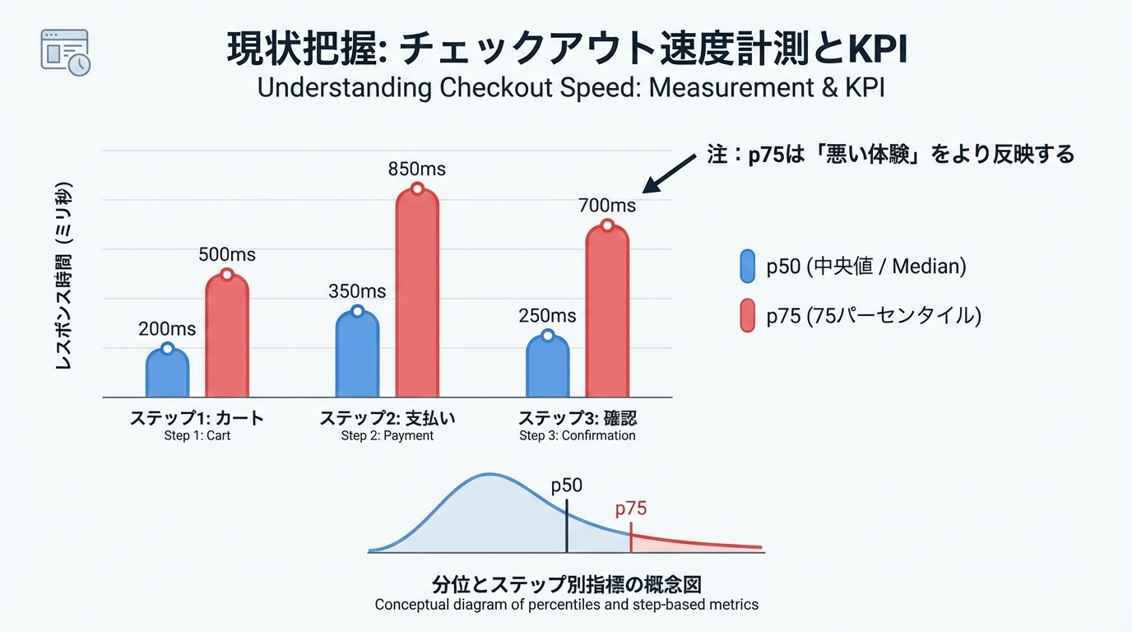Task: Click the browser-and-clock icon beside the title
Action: click(65, 53)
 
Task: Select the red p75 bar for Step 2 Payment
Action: click(417, 296)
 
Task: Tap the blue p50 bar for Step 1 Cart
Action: click(167, 374)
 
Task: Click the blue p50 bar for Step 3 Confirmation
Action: click(547, 368)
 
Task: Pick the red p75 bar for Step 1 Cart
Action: click(226, 337)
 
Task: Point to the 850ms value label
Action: click(417, 170)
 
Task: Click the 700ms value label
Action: click(607, 205)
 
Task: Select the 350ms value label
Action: click(357, 291)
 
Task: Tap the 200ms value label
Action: click(167, 329)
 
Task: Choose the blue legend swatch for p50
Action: click(747, 267)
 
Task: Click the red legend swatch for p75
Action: click(747, 316)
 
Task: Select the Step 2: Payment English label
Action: click(387, 435)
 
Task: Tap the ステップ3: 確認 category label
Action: click(578, 418)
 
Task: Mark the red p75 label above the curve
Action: click(631, 509)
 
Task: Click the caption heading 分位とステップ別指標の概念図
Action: click(566, 585)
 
